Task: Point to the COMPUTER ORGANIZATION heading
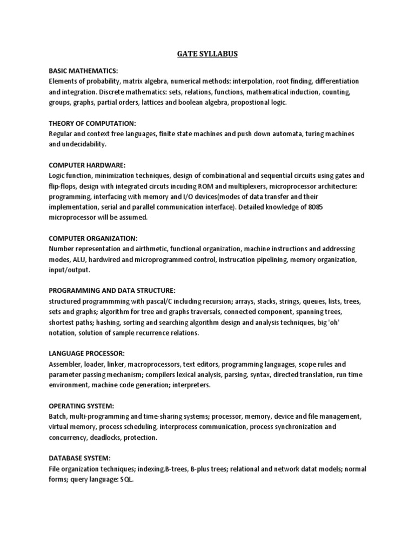pos(93,238)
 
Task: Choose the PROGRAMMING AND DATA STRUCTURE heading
pos(112,290)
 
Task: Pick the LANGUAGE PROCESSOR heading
pos(87,353)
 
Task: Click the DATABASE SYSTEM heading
pos(79,458)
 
